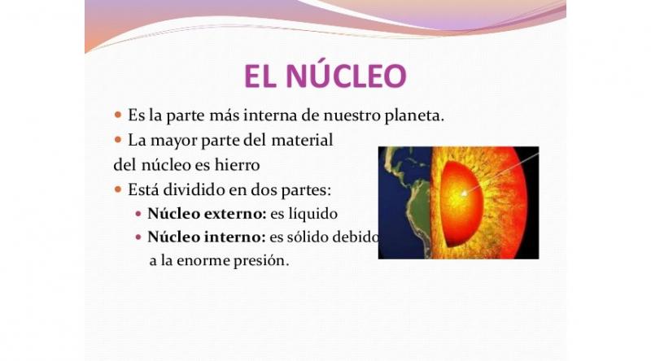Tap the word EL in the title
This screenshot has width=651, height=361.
click(260, 76)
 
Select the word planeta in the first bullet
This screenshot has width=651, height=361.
click(414, 115)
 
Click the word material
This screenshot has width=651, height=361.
click(302, 140)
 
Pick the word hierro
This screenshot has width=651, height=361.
click(237, 165)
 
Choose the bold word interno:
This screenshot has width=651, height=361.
click(235, 237)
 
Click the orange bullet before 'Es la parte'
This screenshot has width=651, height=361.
click(118, 115)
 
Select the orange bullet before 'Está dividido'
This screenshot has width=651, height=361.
click(118, 189)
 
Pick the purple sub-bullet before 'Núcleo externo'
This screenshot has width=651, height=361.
click(138, 214)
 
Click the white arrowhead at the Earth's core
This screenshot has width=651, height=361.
click(464, 193)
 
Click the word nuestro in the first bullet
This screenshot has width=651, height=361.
click(352, 115)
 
